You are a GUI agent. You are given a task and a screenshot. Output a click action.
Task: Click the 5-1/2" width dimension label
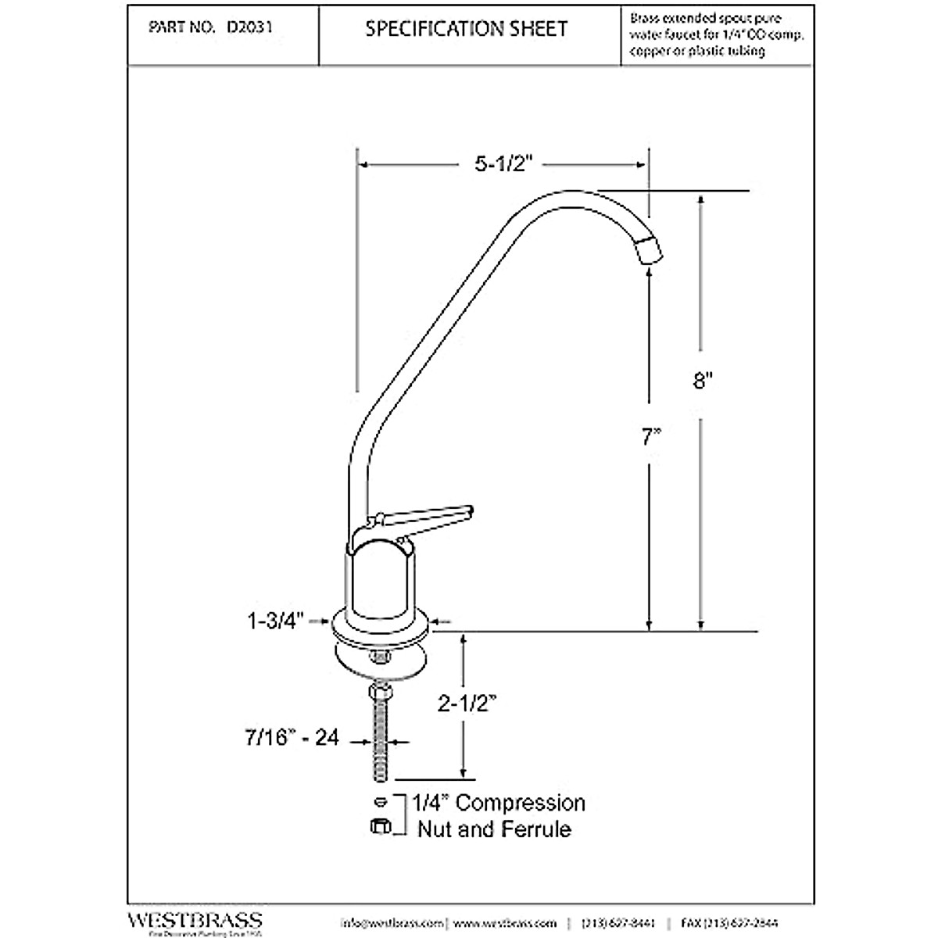coord(503,165)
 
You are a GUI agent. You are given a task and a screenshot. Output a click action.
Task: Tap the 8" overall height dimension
coord(705,381)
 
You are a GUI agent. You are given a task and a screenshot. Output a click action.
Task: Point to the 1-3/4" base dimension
coord(275,621)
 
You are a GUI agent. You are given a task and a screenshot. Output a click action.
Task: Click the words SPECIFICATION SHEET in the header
coord(467,30)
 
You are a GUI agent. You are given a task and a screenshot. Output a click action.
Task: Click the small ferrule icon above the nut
coord(380,801)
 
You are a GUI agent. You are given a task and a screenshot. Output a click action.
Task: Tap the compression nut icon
coord(381,825)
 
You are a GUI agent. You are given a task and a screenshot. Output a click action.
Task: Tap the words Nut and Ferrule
coord(494,829)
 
